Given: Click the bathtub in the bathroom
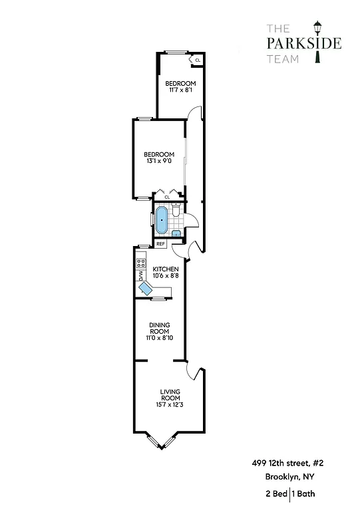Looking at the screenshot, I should coord(162,219).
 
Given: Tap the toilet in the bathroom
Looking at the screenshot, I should coord(176,211).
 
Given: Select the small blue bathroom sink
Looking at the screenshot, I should coord(176,233).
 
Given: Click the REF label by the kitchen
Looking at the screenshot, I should coord(160,244).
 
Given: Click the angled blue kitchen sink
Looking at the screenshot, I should coord(146,288).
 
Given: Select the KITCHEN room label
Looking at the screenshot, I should coord(166,269).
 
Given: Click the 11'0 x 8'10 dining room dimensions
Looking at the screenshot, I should coord(160,338).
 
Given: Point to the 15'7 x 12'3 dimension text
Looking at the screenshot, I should coord(170,404).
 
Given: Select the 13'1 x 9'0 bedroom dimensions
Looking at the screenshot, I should coord(160,160).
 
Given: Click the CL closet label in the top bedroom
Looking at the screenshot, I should coord(198,61).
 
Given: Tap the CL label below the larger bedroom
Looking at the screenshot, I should coord(167,197).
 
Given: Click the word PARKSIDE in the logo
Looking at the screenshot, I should coord(304,44).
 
